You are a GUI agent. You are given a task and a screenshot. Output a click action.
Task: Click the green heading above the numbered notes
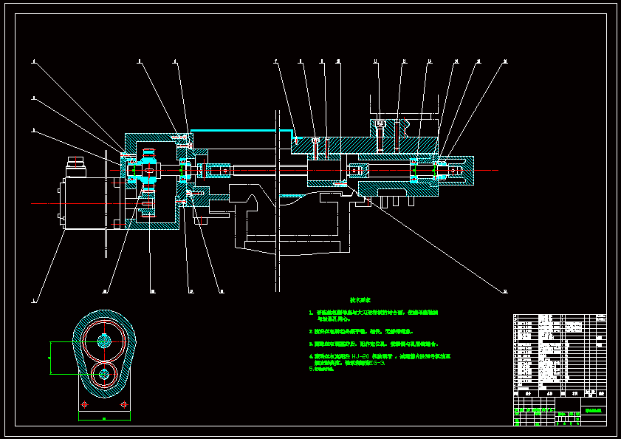[x=360, y=300]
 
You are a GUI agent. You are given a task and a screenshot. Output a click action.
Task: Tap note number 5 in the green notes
[x=311, y=368]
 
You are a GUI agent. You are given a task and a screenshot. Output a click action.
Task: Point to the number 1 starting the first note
[x=311, y=313]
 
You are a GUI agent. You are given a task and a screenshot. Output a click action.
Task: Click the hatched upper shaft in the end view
[x=104, y=341]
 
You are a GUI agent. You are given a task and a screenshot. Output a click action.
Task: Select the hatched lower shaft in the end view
[x=103, y=374]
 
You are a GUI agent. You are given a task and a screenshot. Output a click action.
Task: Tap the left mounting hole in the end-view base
[x=83, y=404]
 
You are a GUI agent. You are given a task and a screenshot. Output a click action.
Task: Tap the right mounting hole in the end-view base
[x=124, y=404]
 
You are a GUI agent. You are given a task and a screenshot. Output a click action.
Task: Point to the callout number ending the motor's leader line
[x=33, y=301]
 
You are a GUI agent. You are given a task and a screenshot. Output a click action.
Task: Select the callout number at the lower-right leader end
[x=505, y=291]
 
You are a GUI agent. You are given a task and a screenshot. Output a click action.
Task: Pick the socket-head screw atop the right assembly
[x=380, y=123]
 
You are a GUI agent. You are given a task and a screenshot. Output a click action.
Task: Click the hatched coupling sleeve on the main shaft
[x=220, y=171]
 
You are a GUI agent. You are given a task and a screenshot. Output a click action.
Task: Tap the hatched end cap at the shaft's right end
[x=458, y=171]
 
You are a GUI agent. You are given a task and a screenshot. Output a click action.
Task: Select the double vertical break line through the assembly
[x=278, y=200]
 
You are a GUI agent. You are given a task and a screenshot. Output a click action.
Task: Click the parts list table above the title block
[x=559, y=351]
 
